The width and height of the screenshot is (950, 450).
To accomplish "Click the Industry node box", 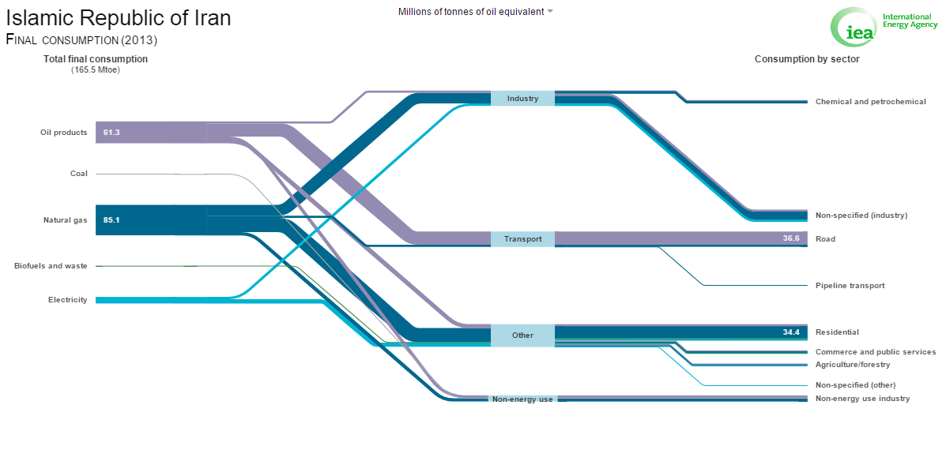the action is click(x=522, y=99).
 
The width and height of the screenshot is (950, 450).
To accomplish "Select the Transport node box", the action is click(x=522, y=239).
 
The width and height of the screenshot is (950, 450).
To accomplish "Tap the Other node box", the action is click(x=522, y=336).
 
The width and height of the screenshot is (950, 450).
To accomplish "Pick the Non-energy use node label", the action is click(x=522, y=399).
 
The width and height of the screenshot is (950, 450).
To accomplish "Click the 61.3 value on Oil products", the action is click(x=111, y=132).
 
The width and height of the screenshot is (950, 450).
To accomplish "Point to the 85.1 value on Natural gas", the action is click(x=111, y=220).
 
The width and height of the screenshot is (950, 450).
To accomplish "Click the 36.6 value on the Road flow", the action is click(x=791, y=238).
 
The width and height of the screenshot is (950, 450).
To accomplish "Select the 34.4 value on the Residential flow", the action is click(x=791, y=332).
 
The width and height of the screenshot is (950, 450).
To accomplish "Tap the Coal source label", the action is click(x=79, y=174).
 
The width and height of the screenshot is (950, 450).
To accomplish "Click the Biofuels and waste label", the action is click(x=51, y=266).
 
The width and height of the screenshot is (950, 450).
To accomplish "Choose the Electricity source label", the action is click(x=68, y=299).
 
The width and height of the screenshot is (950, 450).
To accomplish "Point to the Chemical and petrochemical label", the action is click(x=871, y=102).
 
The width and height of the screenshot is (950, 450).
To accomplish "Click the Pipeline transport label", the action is click(x=850, y=286).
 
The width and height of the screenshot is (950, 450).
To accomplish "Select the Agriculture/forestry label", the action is click(x=853, y=365).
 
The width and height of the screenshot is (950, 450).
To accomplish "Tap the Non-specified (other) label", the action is click(x=855, y=384).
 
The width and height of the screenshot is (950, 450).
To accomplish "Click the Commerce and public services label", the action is click(x=876, y=351).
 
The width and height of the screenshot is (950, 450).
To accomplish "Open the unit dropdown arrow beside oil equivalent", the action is click(x=550, y=11).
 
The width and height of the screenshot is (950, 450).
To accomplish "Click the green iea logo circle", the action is click(x=854, y=27).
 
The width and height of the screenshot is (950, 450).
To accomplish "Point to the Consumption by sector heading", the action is click(x=807, y=59).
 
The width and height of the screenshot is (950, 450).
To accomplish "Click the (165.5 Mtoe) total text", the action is click(x=96, y=70).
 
